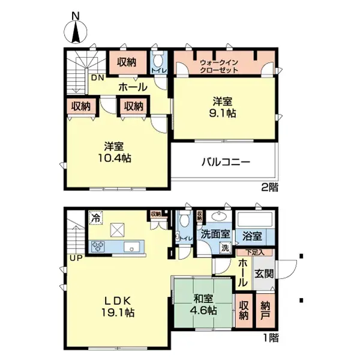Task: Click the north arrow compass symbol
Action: pos(75,31)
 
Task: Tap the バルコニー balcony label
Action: pos(225,161)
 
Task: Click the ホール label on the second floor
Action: pos(133,87)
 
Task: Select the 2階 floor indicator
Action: pos(269,187)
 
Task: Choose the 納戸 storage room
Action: pos(266,308)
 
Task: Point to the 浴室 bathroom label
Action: pos(251,235)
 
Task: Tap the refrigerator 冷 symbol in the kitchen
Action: pos(95,217)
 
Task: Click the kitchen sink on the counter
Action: pos(129,247)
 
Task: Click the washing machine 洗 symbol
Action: pos(224,248)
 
